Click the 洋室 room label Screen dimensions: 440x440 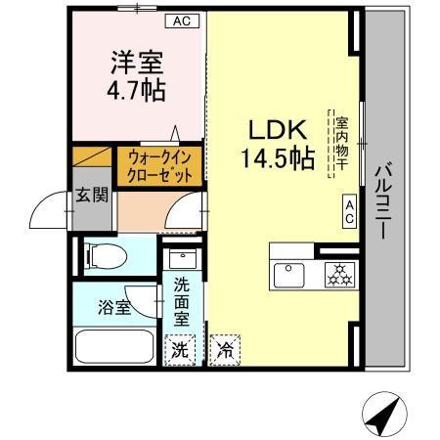point(136,63)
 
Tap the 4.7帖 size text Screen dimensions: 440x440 point(136,90)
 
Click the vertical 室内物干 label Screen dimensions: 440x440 point(341,143)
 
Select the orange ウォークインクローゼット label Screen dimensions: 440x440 point(159,165)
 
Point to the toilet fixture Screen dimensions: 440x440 point(106,257)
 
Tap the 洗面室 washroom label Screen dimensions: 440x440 point(182,303)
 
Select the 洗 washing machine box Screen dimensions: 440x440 point(181,349)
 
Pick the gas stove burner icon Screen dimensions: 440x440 point(342,275)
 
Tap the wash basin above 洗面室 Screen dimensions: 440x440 point(181,259)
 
